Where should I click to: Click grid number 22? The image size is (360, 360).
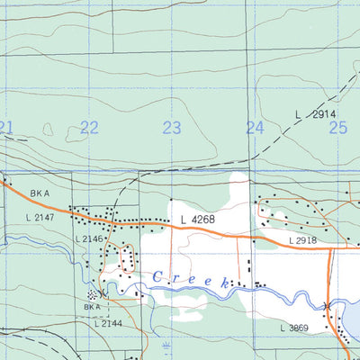(x=89, y=128)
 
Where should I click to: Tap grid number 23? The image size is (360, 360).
(x=172, y=128)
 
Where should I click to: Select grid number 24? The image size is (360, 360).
(x=256, y=128)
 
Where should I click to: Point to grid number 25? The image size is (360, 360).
(x=337, y=128)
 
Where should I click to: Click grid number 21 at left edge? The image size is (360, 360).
(x=6, y=128)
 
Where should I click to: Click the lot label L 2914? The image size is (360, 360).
(x=314, y=115)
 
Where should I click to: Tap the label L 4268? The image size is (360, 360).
(x=197, y=219)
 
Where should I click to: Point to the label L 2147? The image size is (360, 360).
(x=41, y=219)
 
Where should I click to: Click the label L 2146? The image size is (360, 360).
(x=91, y=238)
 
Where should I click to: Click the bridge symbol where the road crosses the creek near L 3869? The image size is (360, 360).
(x=328, y=307)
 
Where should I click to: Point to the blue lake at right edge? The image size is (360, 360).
(x=352, y=315)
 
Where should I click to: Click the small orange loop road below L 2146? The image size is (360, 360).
(x=125, y=256)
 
